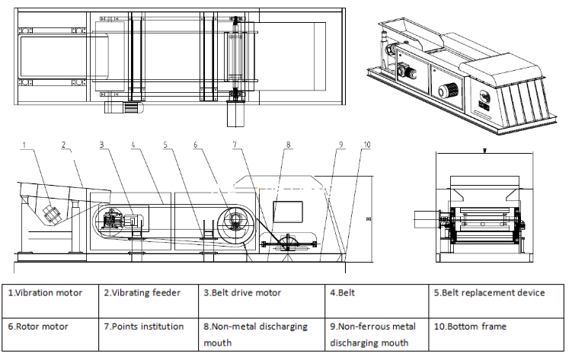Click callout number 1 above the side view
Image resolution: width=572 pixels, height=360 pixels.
pos(24,143)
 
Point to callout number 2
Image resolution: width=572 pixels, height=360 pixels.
pos(65,143)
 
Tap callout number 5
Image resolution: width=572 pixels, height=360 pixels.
pos(165,143)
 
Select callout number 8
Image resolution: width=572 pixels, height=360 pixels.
pos(289,143)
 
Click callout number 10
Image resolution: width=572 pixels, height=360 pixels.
pos(368,143)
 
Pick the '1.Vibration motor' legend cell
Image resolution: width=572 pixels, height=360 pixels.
pos(50,292)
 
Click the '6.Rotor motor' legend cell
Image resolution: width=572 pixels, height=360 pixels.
pos(50,333)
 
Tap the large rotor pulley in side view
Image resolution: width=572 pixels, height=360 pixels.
pos(232,223)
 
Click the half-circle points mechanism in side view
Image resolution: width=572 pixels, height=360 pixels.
pos(289,244)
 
